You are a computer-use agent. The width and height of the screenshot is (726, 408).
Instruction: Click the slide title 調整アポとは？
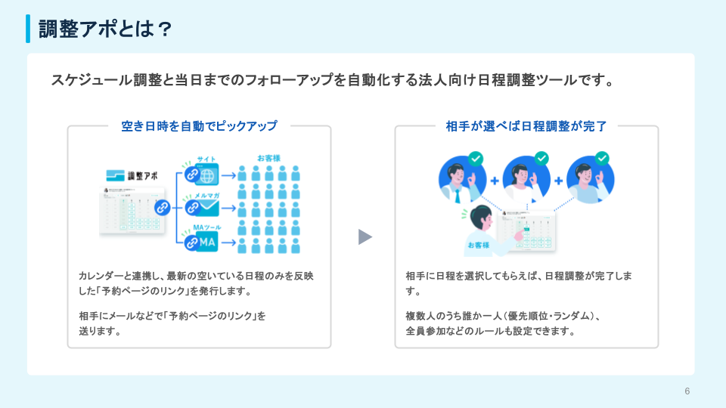[x=105, y=29]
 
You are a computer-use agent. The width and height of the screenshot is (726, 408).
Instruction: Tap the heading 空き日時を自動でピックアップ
[x=199, y=126]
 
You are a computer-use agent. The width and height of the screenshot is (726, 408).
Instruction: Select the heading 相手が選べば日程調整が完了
[x=526, y=126]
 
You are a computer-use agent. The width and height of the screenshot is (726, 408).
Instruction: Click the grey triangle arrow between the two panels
[x=365, y=237]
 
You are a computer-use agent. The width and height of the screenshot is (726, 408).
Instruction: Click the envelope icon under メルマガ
[x=206, y=209]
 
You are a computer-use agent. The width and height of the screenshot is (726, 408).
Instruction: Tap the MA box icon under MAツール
[x=206, y=242]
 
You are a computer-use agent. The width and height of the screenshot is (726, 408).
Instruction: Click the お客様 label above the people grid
[x=268, y=158]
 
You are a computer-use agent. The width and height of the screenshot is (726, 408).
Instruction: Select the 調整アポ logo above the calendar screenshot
[x=133, y=175]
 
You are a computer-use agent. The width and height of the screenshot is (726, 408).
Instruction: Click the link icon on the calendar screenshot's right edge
[x=161, y=208]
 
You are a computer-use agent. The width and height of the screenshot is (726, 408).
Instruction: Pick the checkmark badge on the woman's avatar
[x=541, y=158]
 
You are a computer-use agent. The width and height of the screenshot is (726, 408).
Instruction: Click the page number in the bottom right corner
[x=687, y=391]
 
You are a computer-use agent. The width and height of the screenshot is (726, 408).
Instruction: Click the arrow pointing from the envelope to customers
[x=228, y=209]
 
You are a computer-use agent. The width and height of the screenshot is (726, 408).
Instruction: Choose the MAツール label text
[x=206, y=227]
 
